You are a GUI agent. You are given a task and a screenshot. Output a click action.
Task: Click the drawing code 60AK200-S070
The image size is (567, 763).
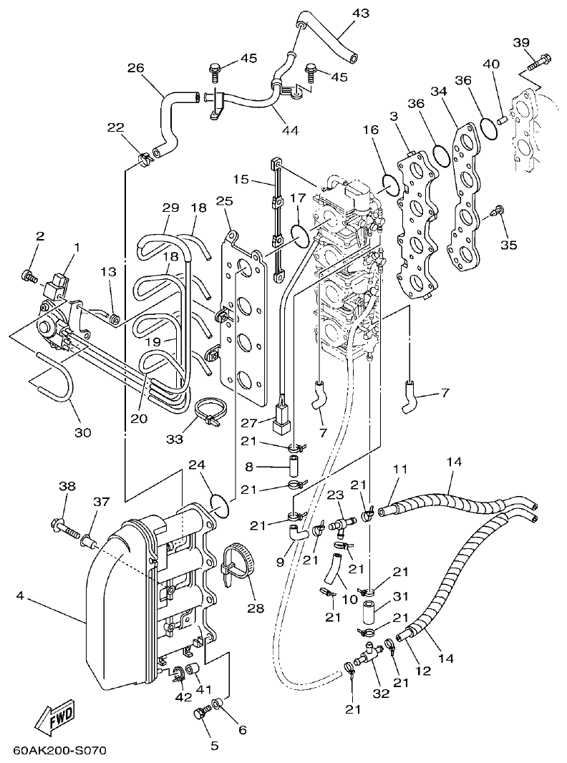click(x=59, y=751)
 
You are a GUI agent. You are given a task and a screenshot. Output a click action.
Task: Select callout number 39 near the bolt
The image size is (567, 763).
click(x=520, y=42)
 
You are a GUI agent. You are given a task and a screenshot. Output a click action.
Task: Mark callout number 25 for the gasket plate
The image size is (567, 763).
click(x=224, y=203)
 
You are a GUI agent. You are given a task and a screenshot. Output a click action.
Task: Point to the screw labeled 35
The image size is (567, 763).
click(x=498, y=210)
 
